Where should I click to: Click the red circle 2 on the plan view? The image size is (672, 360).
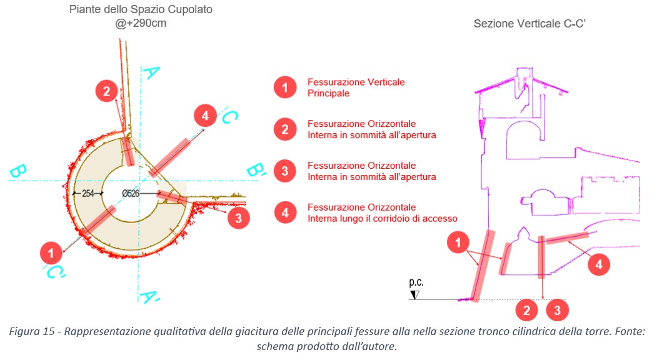(x=107, y=92)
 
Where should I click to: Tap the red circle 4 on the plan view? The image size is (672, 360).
(x=204, y=116)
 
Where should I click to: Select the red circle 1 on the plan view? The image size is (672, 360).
(x=51, y=253)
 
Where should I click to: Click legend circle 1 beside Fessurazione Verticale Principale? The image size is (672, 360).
(x=285, y=88)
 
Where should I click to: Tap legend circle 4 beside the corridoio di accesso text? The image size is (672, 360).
(x=285, y=213)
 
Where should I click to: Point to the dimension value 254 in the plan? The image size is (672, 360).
(x=88, y=194)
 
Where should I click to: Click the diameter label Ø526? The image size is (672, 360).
(x=131, y=194)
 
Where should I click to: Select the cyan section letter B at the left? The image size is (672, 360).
(x=18, y=170)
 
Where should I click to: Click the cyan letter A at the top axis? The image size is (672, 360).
(x=149, y=74)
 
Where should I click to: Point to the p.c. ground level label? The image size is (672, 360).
(x=416, y=282)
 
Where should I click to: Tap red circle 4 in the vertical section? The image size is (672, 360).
(x=598, y=264)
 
